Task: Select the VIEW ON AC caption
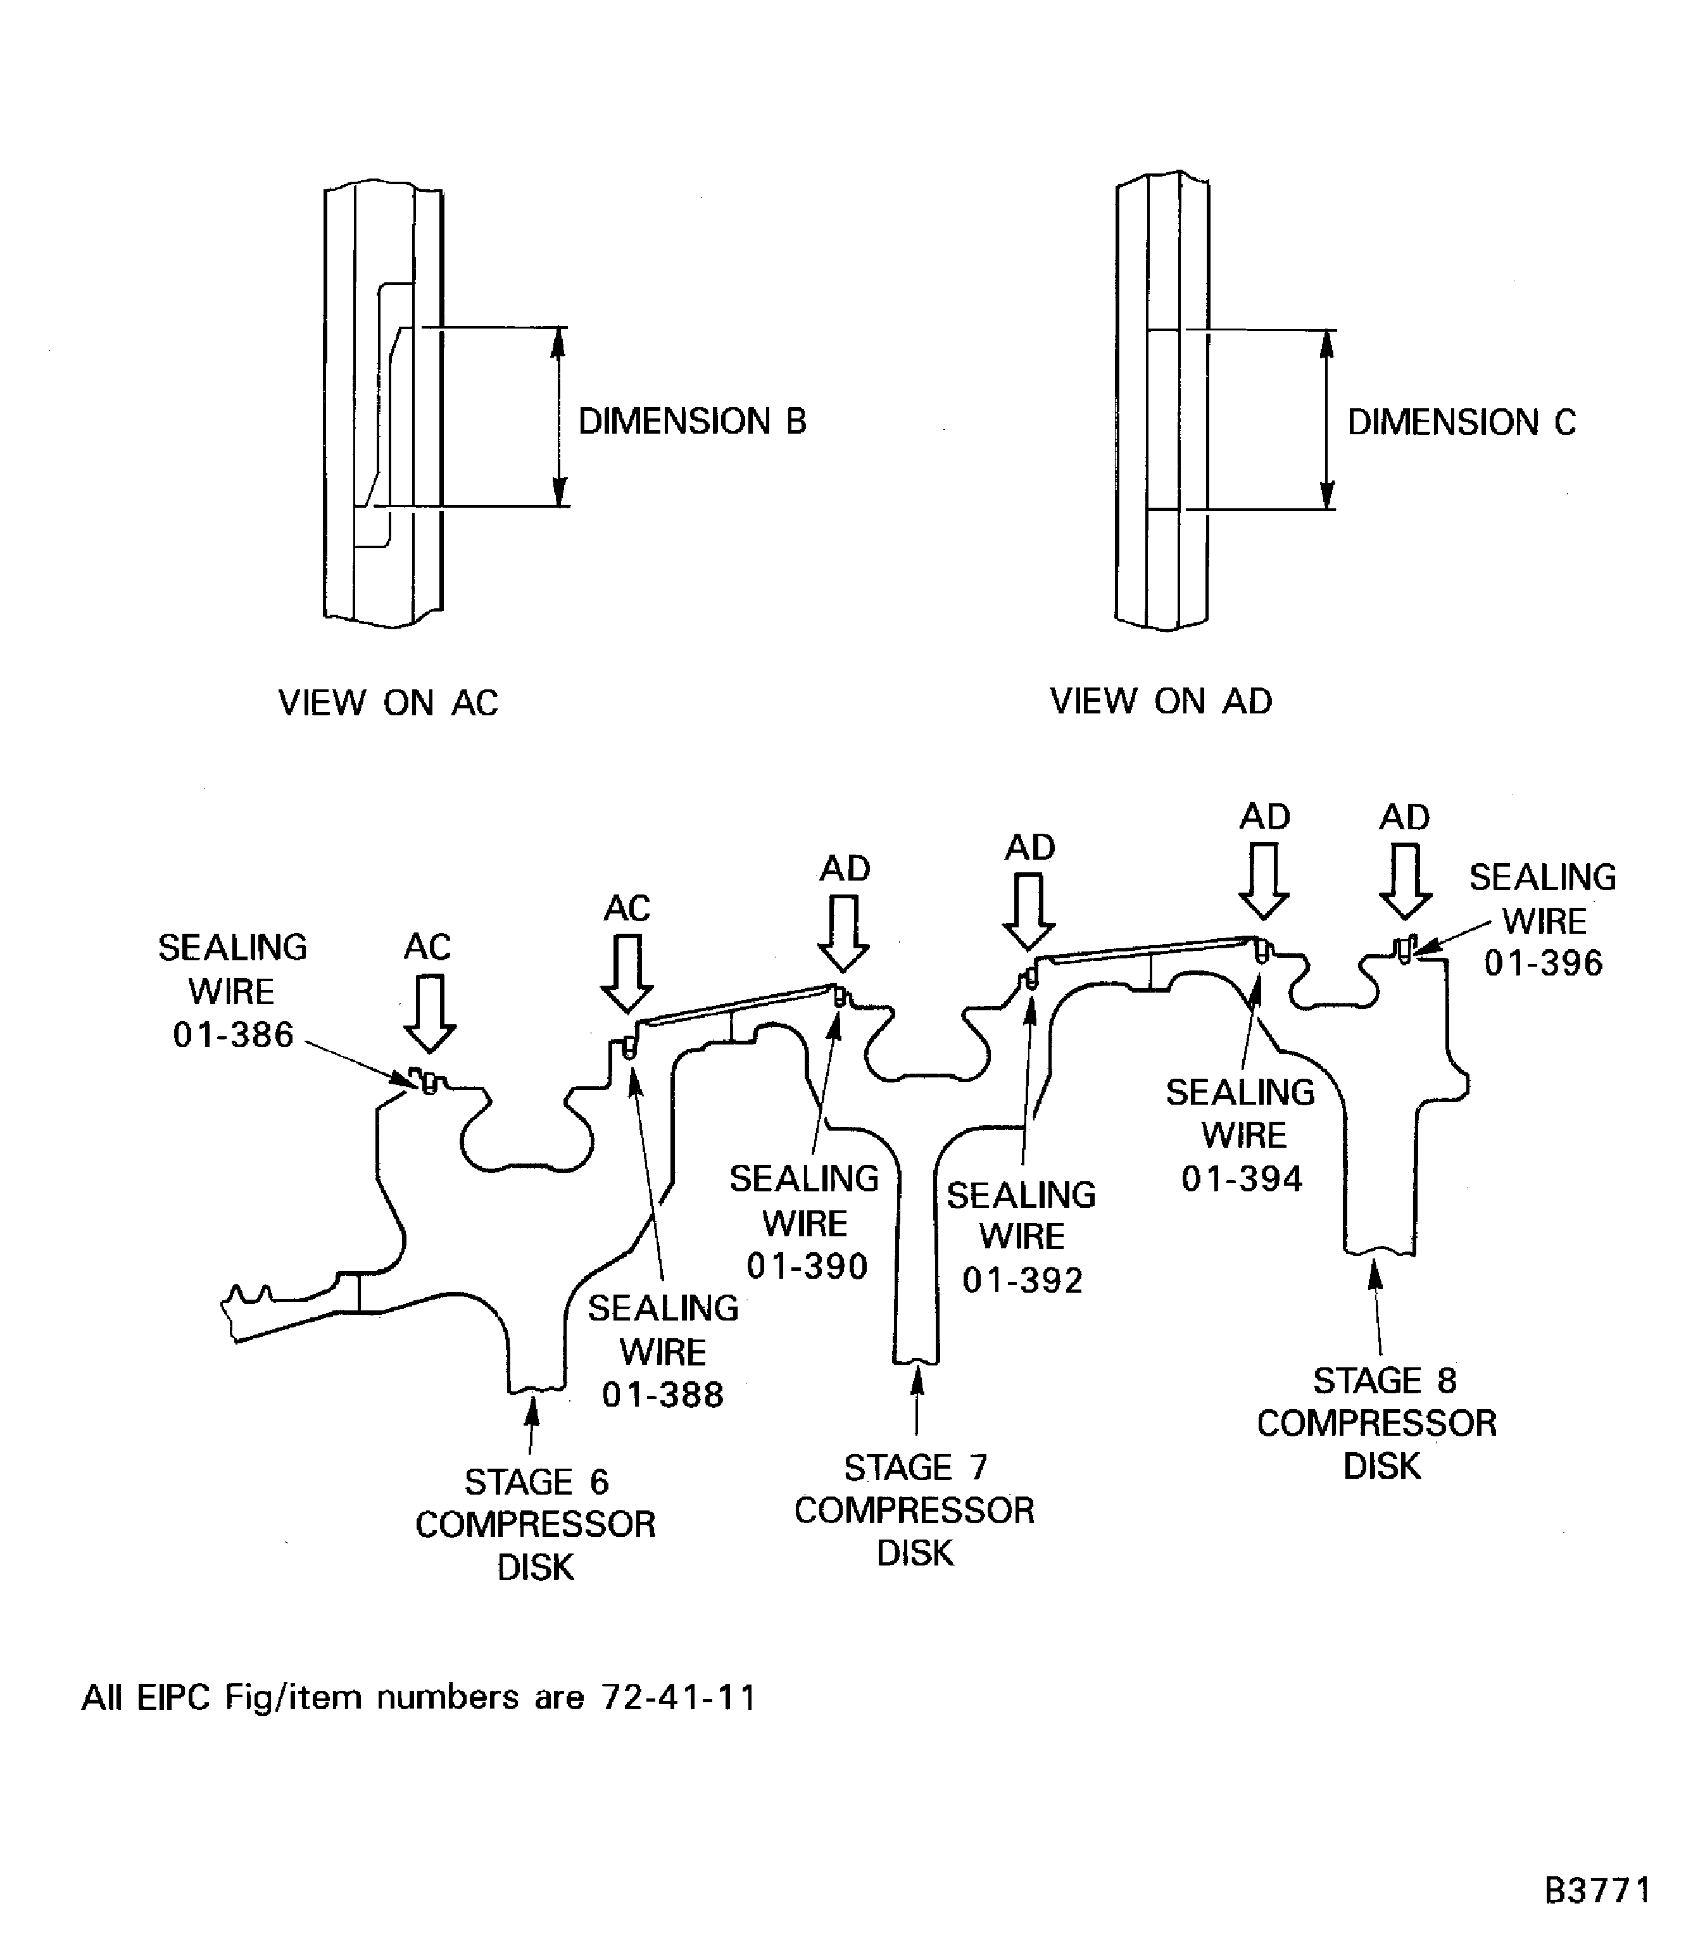(x=387, y=703)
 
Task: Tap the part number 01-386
(x=234, y=1035)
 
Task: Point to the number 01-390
(x=807, y=1266)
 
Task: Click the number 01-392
(x=1022, y=1279)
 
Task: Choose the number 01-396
(x=1543, y=963)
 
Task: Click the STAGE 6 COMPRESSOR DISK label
(x=536, y=1524)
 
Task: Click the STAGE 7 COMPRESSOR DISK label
(x=914, y=1510)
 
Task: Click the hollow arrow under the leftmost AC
(x=430, y=1014)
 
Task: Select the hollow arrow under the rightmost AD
(x=1405, y=882)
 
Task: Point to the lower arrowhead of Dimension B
(x=558, y=492)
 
